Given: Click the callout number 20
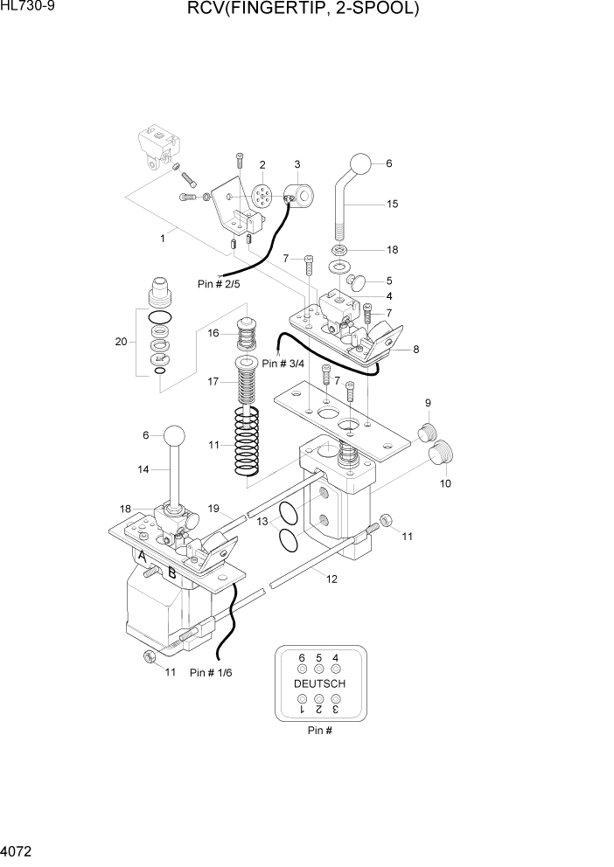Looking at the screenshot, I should [x=121, y=341].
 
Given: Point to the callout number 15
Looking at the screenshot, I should [x=392, y=204].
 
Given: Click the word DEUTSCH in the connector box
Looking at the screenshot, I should [x=319, y=683].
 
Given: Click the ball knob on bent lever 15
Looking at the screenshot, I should [x=359, y=164].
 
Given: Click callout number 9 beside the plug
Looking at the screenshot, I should [x=429, y=403].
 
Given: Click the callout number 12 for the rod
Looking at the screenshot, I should [x=331, y=579].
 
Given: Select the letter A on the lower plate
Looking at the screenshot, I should [x=141, y=556].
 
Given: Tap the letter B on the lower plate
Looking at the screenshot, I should [x=171, y=574].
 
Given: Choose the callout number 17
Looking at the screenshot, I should [x=213, y=381].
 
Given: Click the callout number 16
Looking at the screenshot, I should [x=213, y=333].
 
